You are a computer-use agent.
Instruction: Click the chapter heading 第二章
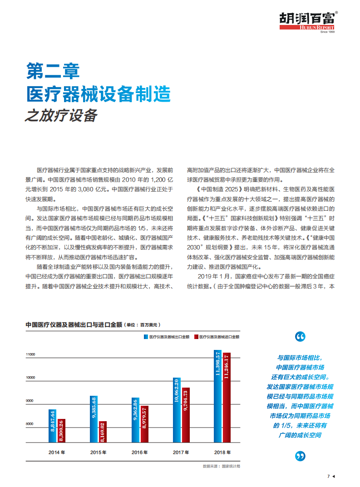[x=53, y=70]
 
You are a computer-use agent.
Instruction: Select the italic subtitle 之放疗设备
[x=61, y=115]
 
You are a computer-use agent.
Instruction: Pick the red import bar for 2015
[x=103, y=432]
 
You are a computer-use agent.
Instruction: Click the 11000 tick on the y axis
[x=30, y=354]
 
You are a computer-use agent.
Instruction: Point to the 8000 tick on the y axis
[x=30, y=424]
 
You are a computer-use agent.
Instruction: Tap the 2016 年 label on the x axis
[x=140, y=452]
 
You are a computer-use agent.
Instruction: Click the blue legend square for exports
[x=146, y=337]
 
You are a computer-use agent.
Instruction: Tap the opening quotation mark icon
[x=300, y=337]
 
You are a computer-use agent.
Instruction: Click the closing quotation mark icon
[x=300, y=456]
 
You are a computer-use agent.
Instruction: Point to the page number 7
[x=328, y=477]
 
